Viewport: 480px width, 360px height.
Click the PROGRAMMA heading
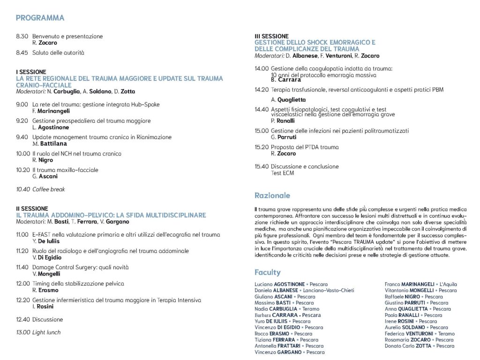pyautogui.click(x=40, y=18)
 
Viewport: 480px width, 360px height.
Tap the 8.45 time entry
pyautogui.click(x=22, y=53)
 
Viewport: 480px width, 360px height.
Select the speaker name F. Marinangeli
pyautogui.click(x=51, y=111)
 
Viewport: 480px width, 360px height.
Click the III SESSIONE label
pyautogui.click(x=271, y=36)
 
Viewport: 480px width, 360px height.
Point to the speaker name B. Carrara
pyautogui.click(x=286, y=80)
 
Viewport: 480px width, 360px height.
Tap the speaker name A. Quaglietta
pyautogui.click(x=288, y=99)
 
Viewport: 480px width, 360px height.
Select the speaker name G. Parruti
pyautogui.click(x=284, y=137)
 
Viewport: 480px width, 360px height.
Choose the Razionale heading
pyautogui.click(x=272, y=195)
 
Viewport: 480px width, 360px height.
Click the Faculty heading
pyautogui.click(x=267, y=272)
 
